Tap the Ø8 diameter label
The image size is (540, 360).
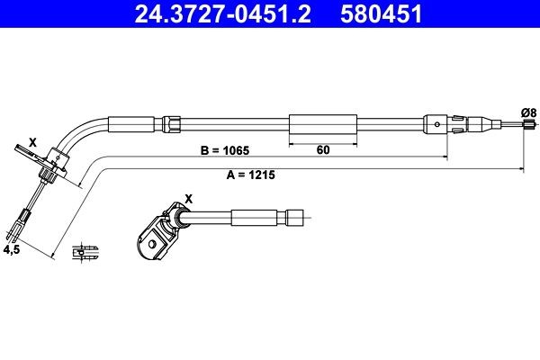(x=529, y=111)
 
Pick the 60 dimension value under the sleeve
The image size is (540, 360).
(x=323, y=151)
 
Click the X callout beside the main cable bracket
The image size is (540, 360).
(x=32, y=142)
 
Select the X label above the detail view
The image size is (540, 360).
(x=187, y=198)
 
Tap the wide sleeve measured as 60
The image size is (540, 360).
(x=323, y=125)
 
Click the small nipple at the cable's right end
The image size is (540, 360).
(x=522, y=130)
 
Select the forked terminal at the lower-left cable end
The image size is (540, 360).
(x=22, y=219)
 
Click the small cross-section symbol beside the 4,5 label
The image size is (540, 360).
(x=87, y=252)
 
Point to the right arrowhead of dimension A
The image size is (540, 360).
(x=523, y=168)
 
